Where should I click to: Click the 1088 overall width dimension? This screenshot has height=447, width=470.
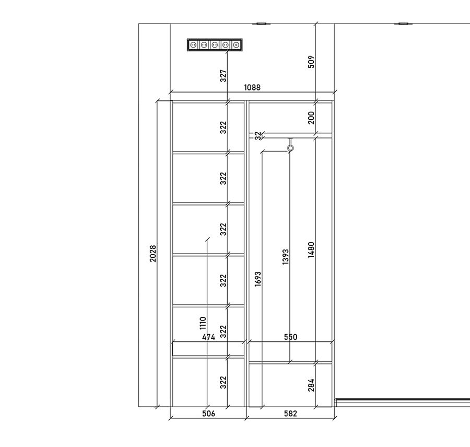click(x=252, y=87)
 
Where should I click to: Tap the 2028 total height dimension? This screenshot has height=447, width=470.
click(x=153, y=254)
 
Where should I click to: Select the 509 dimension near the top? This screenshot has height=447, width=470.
click(x=311, y=62)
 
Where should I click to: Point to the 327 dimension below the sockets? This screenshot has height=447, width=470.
click(x=224, y=76)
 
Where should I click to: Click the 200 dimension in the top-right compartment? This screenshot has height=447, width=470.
click(x=311, y=118)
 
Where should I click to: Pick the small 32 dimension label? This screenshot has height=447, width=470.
click(x=258, y=135)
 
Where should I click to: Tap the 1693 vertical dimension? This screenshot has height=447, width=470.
click(x=258, y=279)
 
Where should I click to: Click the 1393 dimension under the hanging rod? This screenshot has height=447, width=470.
click(x=286, y=257)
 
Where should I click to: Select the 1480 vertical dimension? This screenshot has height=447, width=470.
click(x=311, y=249)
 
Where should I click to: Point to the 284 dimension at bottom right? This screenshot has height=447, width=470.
click(x=311, y=385)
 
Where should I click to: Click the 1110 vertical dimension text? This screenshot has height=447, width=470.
click(x=203, y=323)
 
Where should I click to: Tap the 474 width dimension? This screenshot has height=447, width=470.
click(x=208, y=337)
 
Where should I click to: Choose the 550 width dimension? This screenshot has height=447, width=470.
click(x=290, y=337)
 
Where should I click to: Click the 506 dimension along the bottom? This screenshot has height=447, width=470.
click(x=208, y=414)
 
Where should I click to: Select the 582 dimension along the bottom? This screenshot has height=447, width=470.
click(x=290, y=414)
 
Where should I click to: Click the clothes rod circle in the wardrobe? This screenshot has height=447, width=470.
click(x=290, y=148)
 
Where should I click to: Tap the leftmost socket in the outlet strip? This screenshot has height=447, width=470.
click(x=193, y=45)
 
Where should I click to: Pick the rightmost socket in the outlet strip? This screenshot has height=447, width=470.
click(x=236, y=45)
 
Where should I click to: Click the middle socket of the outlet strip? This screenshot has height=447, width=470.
click(x=215, y=45)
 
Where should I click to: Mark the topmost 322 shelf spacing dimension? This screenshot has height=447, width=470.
click(x=224, y=128)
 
